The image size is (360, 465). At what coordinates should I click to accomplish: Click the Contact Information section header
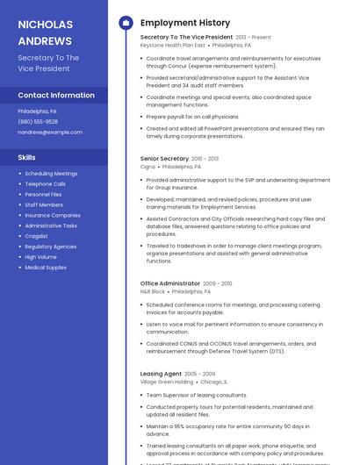pos(56,95)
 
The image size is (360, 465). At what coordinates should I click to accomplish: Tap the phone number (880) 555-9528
pos(37,122)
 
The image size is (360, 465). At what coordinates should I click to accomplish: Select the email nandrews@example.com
pos(50,132)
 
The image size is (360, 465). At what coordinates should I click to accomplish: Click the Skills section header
pos(27,157)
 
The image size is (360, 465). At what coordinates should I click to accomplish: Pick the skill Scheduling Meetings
pos(51,174)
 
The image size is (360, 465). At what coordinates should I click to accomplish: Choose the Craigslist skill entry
pos(37,236)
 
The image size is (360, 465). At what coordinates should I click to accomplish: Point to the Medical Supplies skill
pos(46,268)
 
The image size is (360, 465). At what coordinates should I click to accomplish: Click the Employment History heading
pos(185,23)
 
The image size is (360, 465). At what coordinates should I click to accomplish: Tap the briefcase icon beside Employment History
pos(126,23)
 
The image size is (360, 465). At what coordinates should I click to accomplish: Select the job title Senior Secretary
pos(164,159)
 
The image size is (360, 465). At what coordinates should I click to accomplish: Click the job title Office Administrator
pos(170,283)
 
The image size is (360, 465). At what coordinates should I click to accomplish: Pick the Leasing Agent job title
pos(161,374)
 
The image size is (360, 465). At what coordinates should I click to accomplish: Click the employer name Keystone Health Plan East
pos(173,45)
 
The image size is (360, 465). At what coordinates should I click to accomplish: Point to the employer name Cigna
pos(148,166)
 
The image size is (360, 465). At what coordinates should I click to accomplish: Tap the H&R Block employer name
pos(153,291)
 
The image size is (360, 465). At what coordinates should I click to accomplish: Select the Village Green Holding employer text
pos(167,382)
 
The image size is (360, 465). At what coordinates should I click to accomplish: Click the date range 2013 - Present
pos(254,38)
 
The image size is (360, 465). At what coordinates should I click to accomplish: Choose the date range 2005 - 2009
pos(200,374)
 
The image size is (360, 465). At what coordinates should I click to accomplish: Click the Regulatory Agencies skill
pos(51,247)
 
